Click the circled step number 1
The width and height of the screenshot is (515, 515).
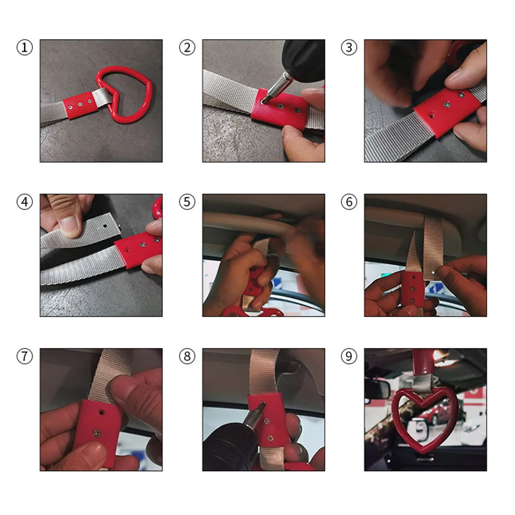24,48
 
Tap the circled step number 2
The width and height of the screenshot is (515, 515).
187,48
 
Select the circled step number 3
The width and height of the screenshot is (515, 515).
349,48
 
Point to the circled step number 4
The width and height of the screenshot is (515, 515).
24,202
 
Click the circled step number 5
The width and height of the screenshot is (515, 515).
187,202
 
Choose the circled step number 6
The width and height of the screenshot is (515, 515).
349,202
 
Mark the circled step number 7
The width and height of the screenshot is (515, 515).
24,356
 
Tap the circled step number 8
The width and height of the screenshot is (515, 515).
187,356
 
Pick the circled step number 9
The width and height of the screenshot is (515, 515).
349,356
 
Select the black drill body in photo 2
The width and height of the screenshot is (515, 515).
304,59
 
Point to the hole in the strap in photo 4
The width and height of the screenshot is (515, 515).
105,226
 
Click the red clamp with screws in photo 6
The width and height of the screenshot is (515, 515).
413,291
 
